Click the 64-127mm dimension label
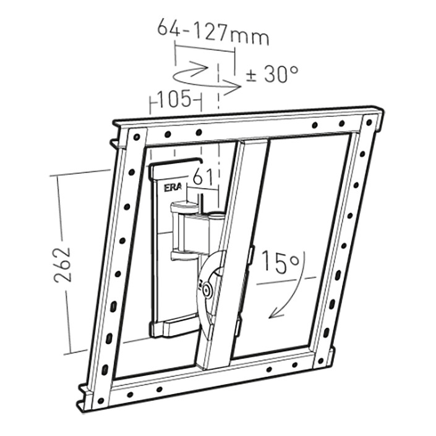[x=213, y=32]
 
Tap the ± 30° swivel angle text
[x=272, y=74]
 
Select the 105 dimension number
[x=174, y=99]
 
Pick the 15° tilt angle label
[x=281, y=261]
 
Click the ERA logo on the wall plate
[x=172, y=187]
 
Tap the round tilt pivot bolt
[x=207, y=290]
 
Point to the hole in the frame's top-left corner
[x=136, y=137]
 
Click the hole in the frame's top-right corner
[x=369, y=122]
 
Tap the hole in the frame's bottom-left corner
[x=101, y=400]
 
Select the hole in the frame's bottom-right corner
[x=321, y=361]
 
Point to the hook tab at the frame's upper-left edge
[x=116, y=143]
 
